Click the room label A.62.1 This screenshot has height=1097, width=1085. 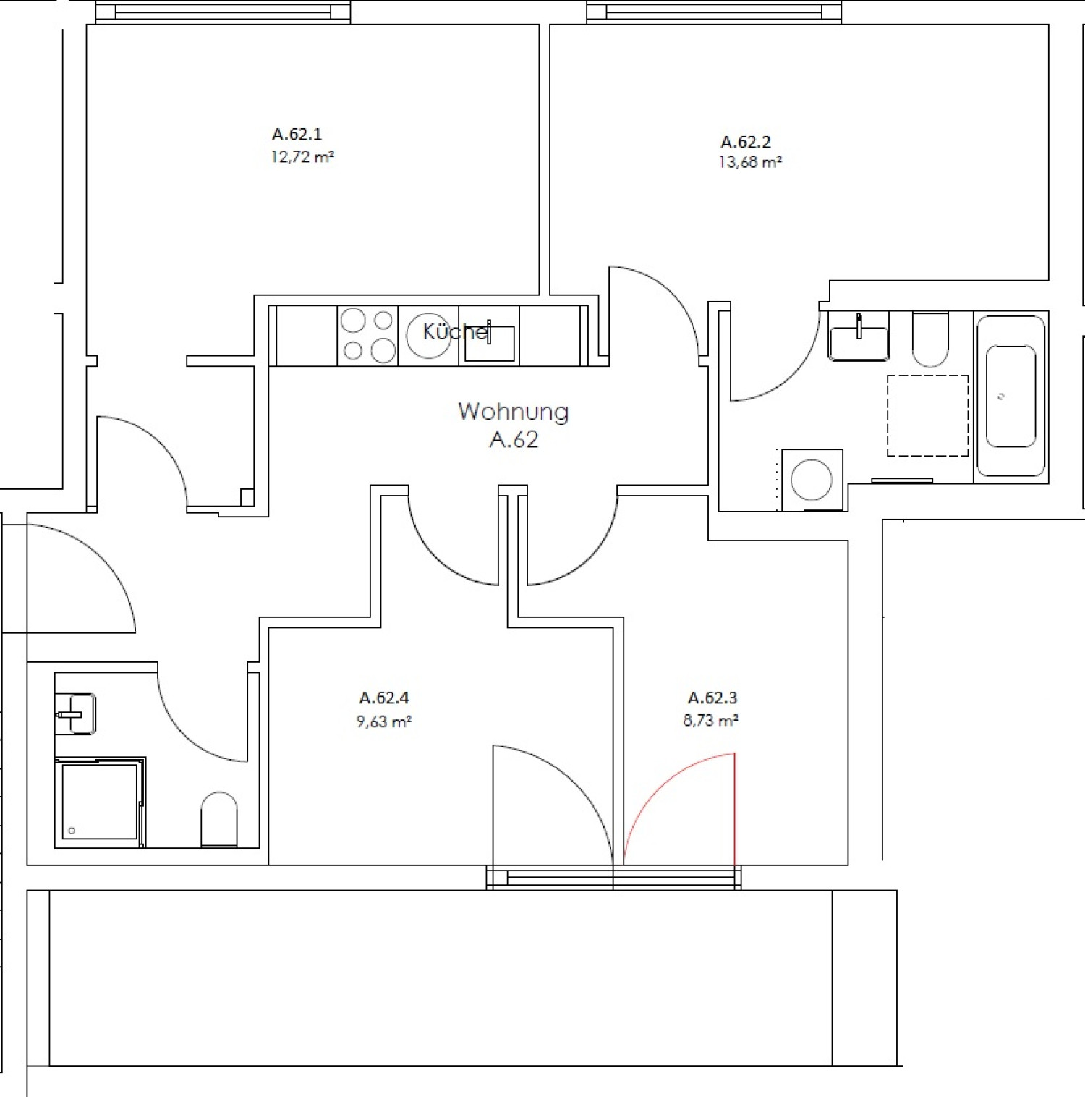297,134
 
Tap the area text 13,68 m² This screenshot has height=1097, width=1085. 750,162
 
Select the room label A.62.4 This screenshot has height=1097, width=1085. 384,698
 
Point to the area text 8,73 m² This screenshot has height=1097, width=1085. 710,721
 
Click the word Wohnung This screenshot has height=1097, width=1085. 514,411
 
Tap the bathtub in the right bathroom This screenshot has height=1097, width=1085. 1010,397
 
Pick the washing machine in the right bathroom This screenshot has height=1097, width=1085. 812,480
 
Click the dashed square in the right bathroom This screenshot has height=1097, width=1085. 927,415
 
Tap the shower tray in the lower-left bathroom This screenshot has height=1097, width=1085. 100,802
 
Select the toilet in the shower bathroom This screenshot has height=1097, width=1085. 219,819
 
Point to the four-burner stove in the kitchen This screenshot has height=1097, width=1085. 367,335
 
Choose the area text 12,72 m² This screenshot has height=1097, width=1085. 302,156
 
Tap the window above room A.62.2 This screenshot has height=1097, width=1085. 714,12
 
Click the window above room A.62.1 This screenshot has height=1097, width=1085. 223,12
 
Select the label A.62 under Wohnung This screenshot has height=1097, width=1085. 514,440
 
